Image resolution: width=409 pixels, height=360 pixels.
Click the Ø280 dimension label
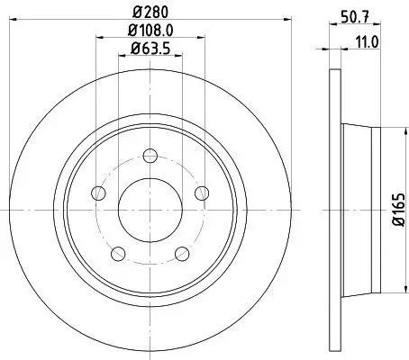[151, 13]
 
